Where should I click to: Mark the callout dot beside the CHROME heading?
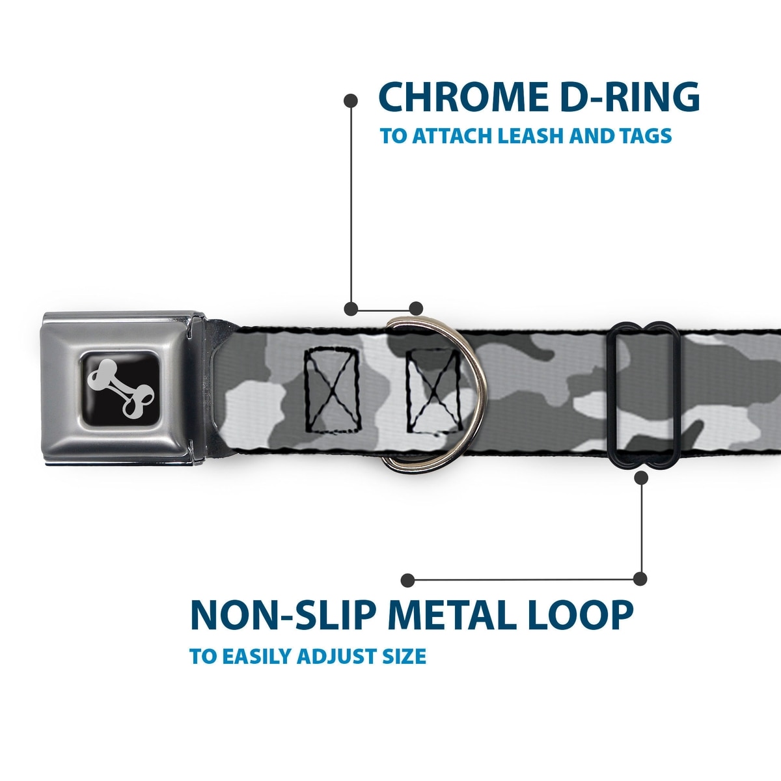coord(351,100)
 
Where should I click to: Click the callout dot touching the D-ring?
coord(416,308)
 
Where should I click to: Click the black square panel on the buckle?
coord(122,390)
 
